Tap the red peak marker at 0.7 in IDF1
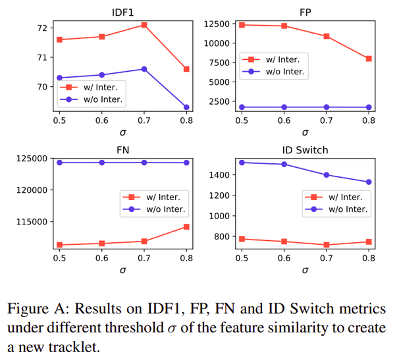pyautogui.click(x=144, y=25)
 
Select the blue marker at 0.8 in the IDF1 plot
pyautogui.click(x=186, y=107)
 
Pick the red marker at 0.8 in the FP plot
pyautogui.click(x=369, y=59)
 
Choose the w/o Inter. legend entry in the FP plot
pyautogui.click(x=285, y=72)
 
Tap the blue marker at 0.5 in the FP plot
pyautogui.click(x=242, y=107)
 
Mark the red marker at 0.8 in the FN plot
pyautogui.click(x=186, y=226)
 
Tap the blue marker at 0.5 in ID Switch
pyautogui.click(x=242, y=162)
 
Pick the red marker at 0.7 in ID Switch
pyautogui.click(x=327, y=245)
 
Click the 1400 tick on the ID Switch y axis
pyautogui.click(x=219, y=175)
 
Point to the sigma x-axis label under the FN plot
pyautogui.click(x=123, y=270)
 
